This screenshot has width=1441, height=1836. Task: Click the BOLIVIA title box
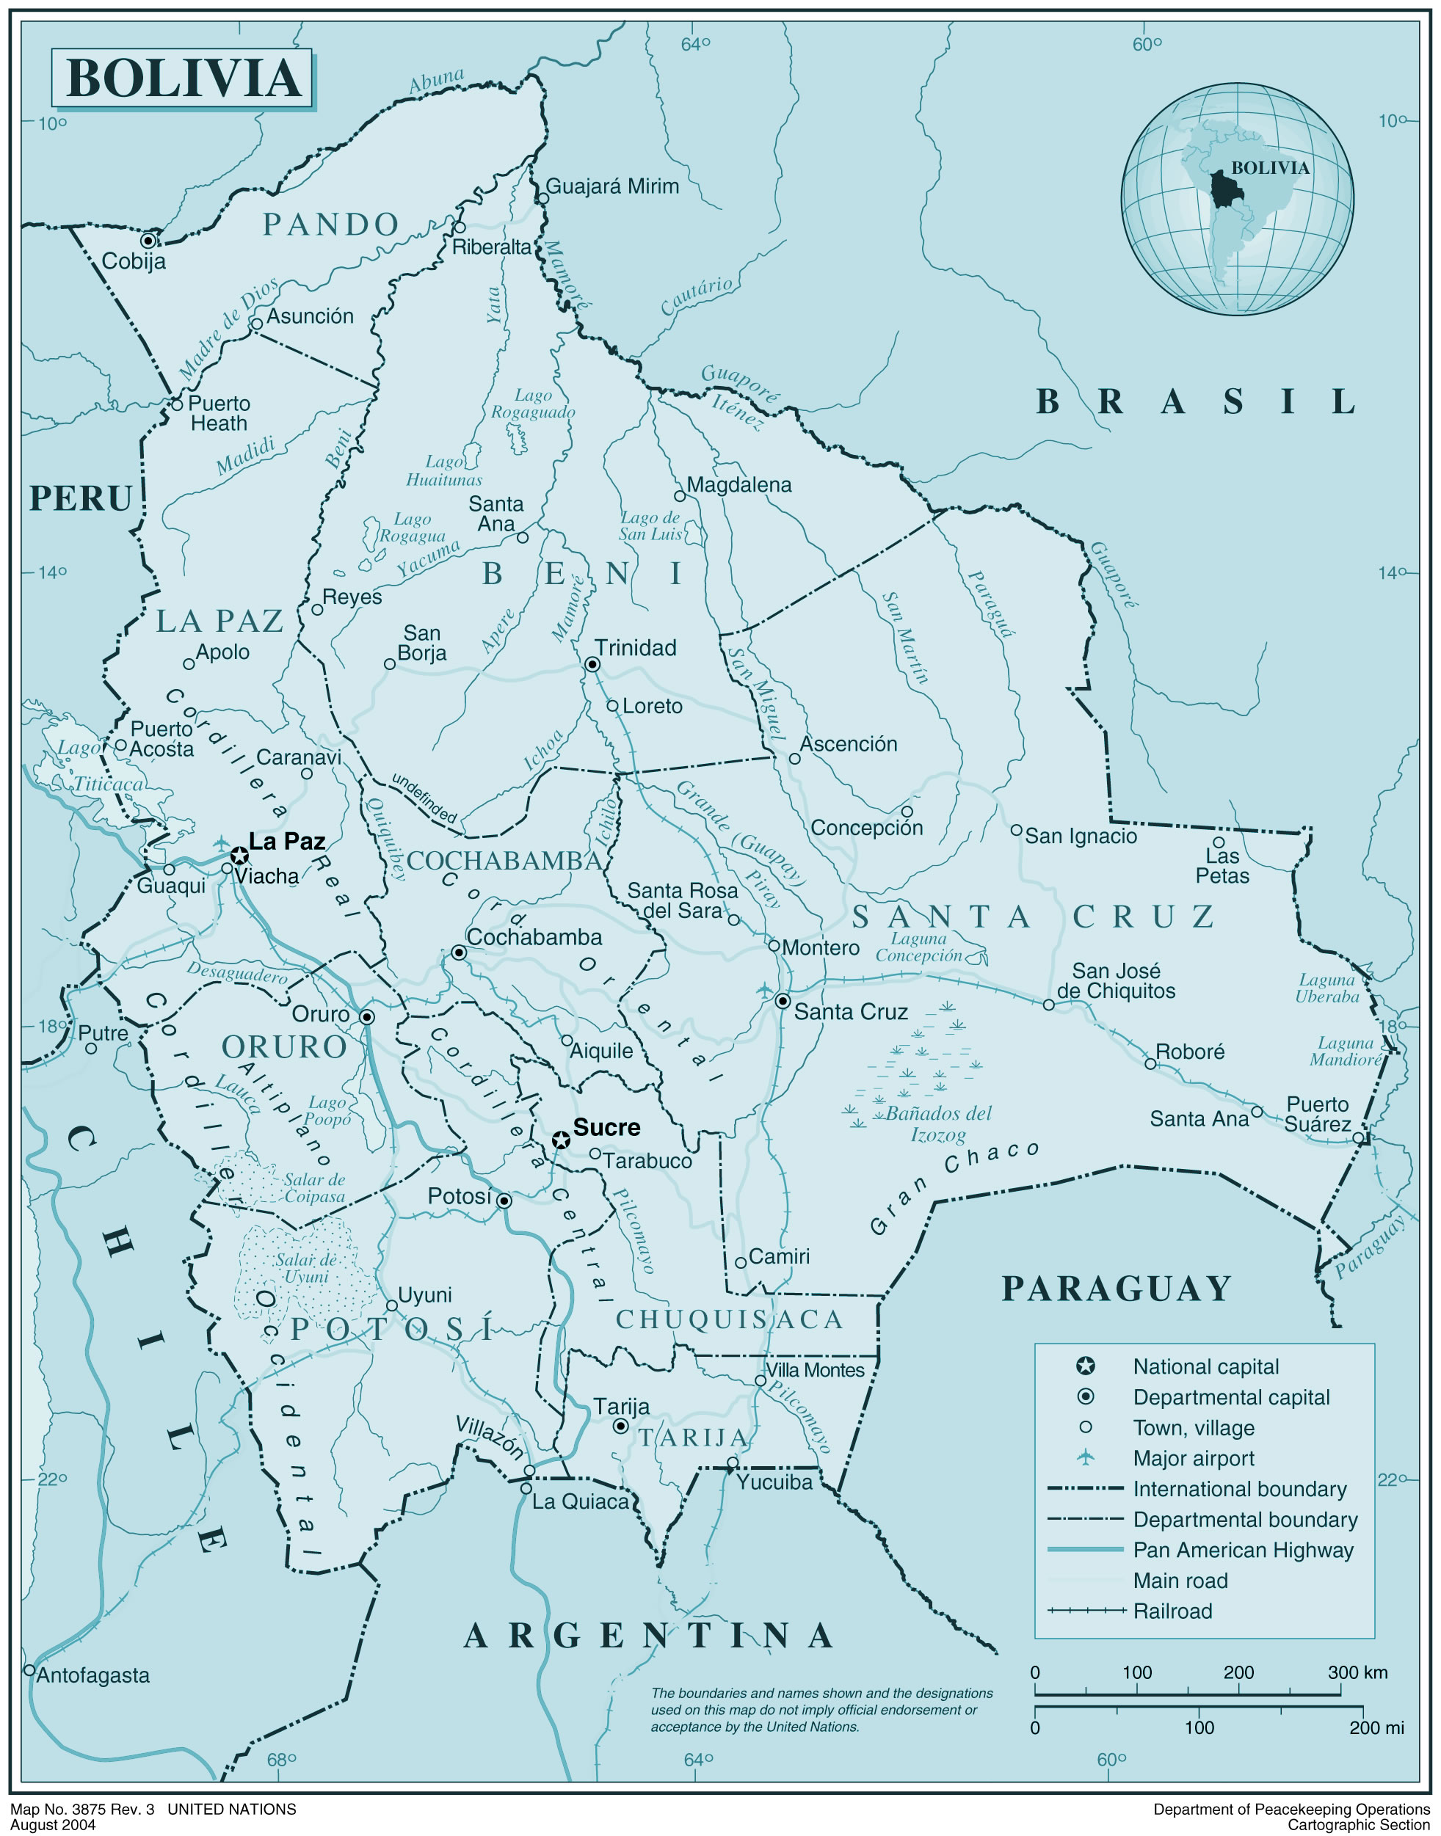(x=181, y=79)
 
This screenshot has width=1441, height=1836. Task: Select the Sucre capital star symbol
(x=561, y=1140)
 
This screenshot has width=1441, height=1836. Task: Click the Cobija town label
(x=134, y=261)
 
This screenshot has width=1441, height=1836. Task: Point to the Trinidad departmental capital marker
(x=592, y=666)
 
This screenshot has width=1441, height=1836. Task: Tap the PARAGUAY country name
(x=1117, y=1289)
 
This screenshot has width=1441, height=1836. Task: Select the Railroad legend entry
(x=1172, y=1611)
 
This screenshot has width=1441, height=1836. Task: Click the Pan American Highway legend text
(x=1242, y=1550)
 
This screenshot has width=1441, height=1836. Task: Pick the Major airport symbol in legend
(x=1086, y=1457)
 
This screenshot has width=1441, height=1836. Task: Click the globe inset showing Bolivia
(x=1237, y=199)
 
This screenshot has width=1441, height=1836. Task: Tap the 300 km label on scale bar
(x=1357, y=1672)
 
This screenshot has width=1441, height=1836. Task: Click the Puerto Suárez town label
(x=1317, y=1114)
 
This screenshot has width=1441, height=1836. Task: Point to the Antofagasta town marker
(x=29, y=1670)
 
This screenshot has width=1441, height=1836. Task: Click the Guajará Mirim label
(x=611, y=186)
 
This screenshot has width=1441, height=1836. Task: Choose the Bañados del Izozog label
(x=938, y=1124)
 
